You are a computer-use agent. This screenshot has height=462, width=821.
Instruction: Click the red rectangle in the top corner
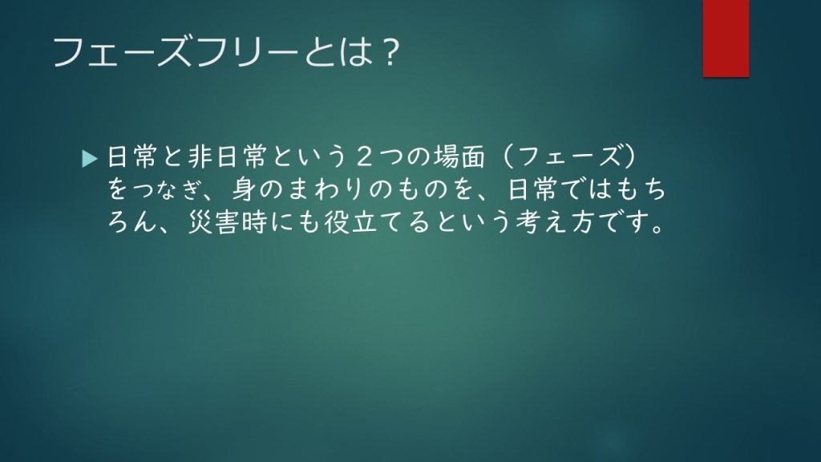tap(726, 38)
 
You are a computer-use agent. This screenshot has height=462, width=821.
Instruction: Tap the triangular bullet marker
tap(90, 159)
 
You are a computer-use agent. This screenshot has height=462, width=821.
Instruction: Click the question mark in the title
tap(389, 52)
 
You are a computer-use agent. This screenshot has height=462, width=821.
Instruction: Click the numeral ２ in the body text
tap(365, 157)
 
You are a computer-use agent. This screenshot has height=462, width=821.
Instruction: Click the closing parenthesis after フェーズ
tap(630, 157)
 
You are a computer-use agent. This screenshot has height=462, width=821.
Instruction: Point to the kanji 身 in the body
tap(244, 189)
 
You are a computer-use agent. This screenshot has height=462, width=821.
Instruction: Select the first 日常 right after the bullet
tap(132, 157)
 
